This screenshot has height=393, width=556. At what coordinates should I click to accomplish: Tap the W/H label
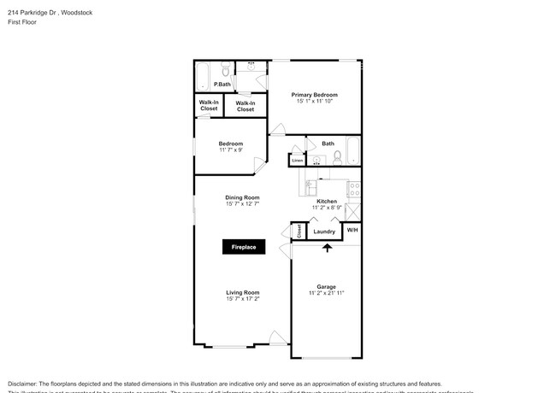click(352, 231)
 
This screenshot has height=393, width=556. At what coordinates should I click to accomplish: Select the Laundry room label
click(324, 232)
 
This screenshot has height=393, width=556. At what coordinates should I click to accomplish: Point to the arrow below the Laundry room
click(326, 248)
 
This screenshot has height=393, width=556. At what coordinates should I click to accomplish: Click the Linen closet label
click(297, 160)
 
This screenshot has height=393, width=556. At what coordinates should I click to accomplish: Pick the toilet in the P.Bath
click(223, 70)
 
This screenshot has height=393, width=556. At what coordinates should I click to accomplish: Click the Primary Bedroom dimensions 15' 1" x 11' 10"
click(314, 102)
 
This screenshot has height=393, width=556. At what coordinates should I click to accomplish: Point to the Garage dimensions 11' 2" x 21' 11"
click(326, 293)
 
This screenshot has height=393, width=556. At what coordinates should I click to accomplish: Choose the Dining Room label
click(242, 196)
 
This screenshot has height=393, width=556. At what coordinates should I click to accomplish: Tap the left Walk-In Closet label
click(209, 107)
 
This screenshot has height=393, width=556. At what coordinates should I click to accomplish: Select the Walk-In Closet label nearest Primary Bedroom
click(245, 107)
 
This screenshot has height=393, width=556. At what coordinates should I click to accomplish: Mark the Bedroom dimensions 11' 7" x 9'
click(231, 150)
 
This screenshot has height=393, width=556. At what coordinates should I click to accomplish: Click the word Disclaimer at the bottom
click(25, 384)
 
